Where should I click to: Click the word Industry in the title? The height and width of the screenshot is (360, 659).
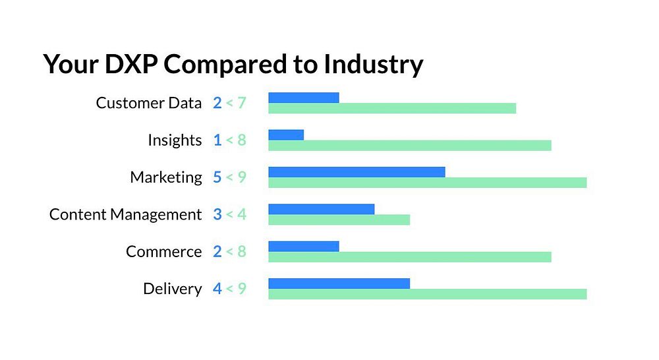(x=373, y=65)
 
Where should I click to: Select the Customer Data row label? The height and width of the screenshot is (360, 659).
(x=149, y=103)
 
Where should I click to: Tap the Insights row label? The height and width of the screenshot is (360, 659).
(x=175, y=140)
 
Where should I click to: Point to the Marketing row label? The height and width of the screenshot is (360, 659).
(x=166, y=177)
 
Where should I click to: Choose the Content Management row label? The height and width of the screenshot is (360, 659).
(x=125, y=214)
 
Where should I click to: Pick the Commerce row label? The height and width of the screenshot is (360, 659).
(x=164, y=252)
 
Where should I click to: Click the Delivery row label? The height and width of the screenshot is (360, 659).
(x=172, y=289)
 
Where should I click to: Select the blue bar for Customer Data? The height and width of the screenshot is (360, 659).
(x=304, y=98)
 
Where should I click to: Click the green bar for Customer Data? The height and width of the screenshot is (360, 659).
(x=392, y=108)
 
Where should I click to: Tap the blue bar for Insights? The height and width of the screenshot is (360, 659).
(x=286, y=135)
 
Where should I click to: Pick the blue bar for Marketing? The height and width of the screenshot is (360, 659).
(x=357, y=172)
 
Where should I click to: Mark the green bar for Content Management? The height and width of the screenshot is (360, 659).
(x=339, y=220)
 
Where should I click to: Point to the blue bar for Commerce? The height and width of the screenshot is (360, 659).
(x=304, y=246)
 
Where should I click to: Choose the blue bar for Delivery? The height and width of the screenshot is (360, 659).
(x=339, y=284)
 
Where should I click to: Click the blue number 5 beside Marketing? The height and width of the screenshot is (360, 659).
(x=217, y=177)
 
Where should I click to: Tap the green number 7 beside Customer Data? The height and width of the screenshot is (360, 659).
(x=241, y=103)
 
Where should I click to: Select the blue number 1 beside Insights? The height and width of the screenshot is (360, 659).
(x=217, y=140)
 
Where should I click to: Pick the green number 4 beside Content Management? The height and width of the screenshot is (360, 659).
(x=241, y=214)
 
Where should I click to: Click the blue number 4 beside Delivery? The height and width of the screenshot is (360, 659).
(x=217, y=289)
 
